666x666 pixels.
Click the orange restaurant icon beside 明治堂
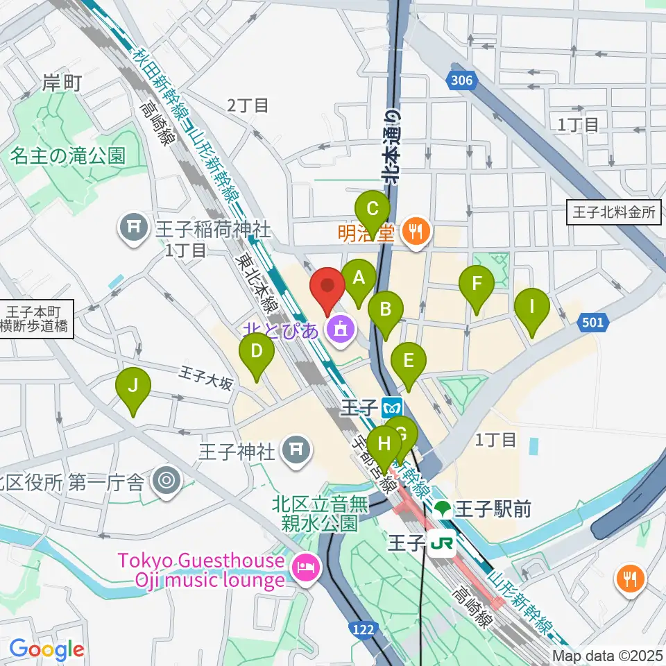click(416, 231)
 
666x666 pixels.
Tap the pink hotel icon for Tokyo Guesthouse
click(306, 569)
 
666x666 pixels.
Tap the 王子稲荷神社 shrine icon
click(132, 228)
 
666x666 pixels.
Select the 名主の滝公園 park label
click(68, 155)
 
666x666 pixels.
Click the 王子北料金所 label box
click(615, 212)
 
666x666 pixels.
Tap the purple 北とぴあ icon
click(339, 328)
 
